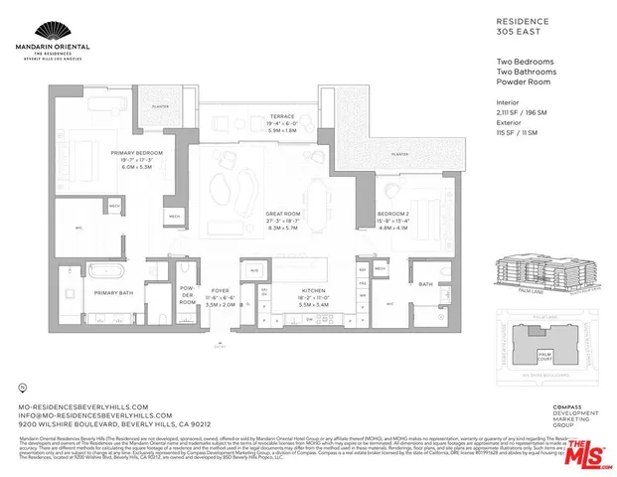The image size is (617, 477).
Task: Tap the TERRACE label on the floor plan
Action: tap(262, 115)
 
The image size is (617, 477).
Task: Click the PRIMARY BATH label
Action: tap(114, 294)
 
